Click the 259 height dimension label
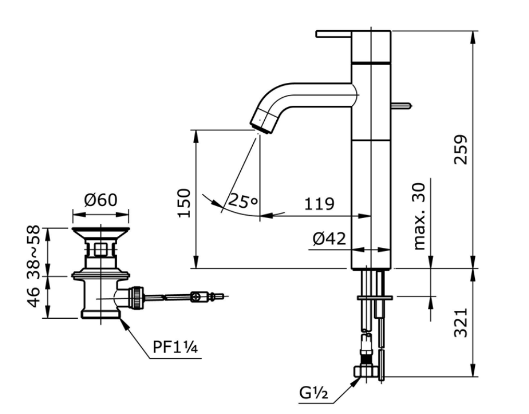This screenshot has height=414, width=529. click(x=460, y=149)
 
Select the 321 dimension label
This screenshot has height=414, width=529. click(x=460, y=322)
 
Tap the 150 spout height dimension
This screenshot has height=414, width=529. click(x=185, y=203)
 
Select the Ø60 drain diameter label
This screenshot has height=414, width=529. click(x=100, y=199)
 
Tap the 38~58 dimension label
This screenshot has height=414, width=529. click(x=33, y=252)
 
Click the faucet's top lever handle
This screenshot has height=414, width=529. click(x=334, y=34)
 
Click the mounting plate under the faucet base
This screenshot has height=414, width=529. click(x=375, y=297)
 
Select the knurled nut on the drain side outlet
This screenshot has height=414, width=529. click(x=137, y=298)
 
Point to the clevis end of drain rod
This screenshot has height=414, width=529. click(x=197, y=297)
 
